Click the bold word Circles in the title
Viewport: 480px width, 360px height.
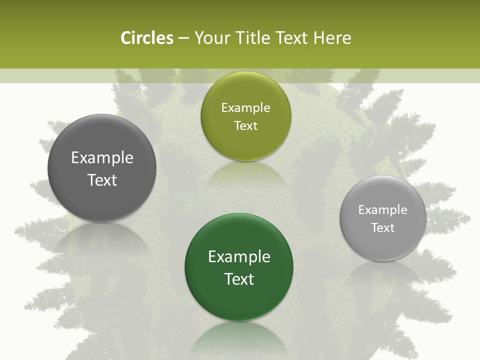146,38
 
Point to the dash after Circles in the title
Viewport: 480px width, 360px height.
183,38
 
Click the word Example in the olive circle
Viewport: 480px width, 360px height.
245,108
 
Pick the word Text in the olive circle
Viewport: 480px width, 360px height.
245,126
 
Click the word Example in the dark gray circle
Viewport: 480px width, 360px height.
102,158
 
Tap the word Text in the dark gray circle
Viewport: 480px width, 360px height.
102,180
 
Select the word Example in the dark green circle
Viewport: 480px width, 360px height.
239,257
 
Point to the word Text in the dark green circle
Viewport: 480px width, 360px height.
239,279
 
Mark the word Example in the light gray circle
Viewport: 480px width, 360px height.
383,210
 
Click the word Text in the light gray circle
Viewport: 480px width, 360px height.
383,228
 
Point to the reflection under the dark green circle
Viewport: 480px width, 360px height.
239,337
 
